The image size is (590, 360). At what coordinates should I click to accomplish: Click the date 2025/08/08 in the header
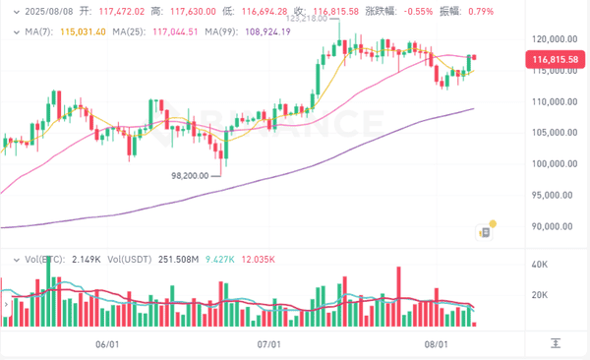pyautogui.click(x=42, y=10)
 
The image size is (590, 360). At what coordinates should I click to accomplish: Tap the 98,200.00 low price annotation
pyautogui.click(x=193, y=176)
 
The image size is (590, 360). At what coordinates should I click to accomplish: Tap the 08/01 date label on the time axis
pyautogui.click(x=437, y=344)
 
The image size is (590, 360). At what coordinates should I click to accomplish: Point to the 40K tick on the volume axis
pyautogui.click(x=539, y=266)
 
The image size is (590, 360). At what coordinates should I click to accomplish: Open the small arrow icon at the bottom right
pyautogui.click(x=557, y=343)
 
